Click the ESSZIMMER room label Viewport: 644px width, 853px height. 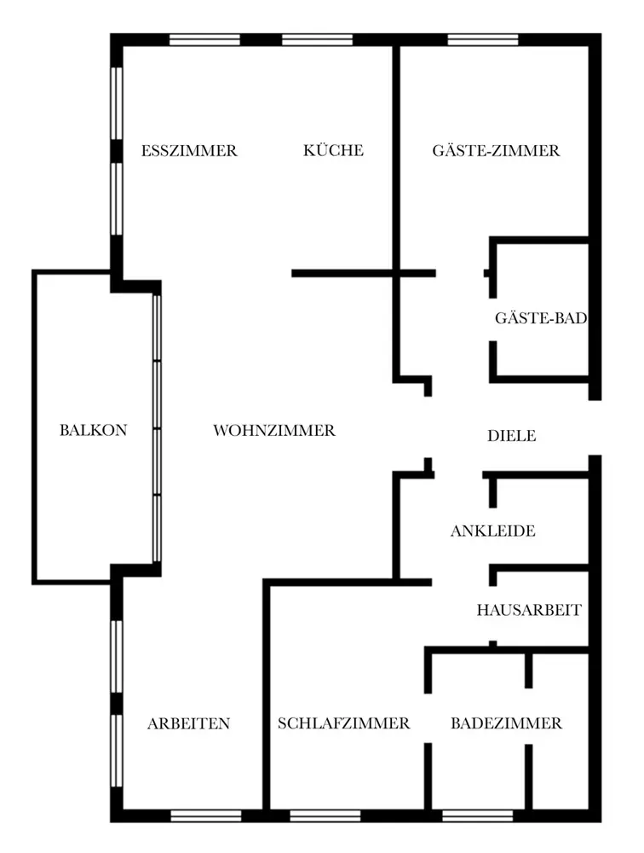(x=189, y=151)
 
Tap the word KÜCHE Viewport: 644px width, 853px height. (x=333, y=149)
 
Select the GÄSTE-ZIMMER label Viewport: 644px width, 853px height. (x=496, y=150)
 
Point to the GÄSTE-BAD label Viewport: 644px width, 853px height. (x=541, y=317)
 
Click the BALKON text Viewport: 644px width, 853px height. (x=94, y=430)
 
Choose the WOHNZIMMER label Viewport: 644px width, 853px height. (x=274, y=431)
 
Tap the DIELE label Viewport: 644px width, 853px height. (x=511, y=436)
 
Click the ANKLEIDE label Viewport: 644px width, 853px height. (x=493, y=531)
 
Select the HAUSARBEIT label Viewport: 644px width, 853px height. (x=529, y=611)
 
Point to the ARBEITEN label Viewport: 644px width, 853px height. (x=188, y=724)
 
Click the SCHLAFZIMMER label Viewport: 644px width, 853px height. (x=343, y=723)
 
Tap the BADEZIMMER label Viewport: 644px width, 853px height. (x=507, y=723)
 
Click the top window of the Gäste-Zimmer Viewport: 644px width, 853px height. (x=483, y=40)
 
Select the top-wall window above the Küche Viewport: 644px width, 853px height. (x=317, y=40)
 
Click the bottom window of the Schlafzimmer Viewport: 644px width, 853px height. (x=325, y=815)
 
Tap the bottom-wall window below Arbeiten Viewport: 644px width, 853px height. (x=206, y=815)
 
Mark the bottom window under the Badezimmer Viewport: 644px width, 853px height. (x=478, y=815)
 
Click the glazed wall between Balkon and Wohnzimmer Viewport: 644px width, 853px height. (x=157, y=428)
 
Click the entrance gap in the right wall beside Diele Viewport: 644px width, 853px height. (x=595, y=427)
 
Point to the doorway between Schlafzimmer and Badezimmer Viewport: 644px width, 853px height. (x=428, y=718)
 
